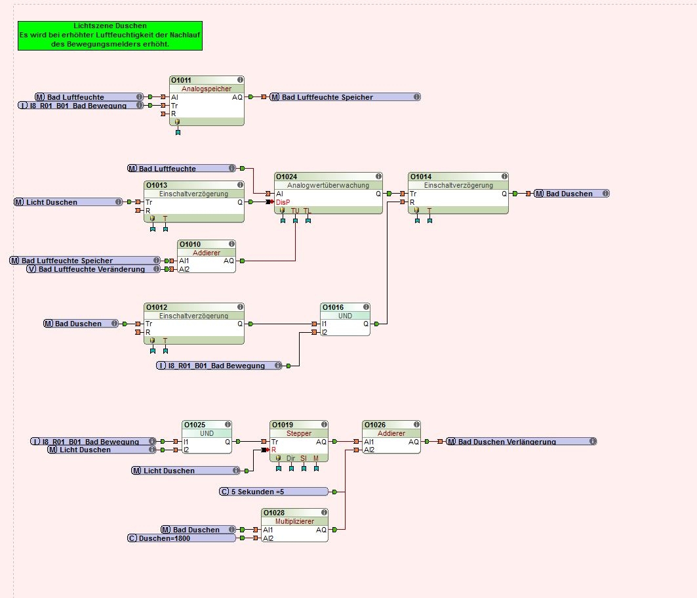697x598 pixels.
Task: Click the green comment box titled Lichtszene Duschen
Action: (x=110, y=35)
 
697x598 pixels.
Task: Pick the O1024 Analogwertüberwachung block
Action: (x=328, y=194)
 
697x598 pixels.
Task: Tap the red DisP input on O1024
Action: (x=283, y=202)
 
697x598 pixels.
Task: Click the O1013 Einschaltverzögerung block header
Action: (x=193, y=186)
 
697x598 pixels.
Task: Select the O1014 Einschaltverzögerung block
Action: (x=458, y=194)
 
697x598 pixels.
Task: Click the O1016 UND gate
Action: (x=345, y=320)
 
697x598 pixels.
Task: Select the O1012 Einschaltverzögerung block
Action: (x=193, y=323)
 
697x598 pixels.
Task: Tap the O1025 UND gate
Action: (x=207, y=437)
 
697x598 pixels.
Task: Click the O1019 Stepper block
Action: (x=298, y=441)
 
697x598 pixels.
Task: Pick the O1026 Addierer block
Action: (x=391, y=437)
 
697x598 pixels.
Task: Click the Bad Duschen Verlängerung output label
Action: (x=521, y=442)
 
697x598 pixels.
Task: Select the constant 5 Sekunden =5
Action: (x=273, y=492)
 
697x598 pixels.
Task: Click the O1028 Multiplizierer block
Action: (x=294, y=525)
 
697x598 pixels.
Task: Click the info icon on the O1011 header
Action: (x=240, y=80)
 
